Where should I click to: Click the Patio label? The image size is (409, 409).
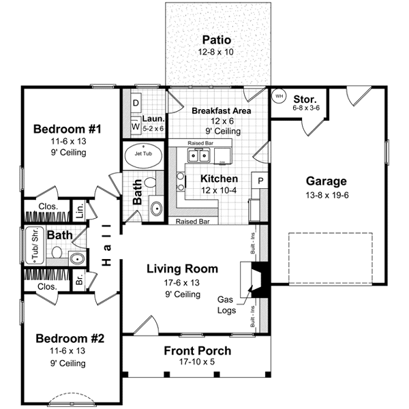(x=216, y=40)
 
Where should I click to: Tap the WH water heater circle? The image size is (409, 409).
(x=278, y=95)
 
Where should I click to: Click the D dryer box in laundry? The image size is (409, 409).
(x=135, y=104)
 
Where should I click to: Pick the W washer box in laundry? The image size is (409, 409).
(x=135, y=126)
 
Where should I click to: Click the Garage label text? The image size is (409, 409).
(x=326, y=181)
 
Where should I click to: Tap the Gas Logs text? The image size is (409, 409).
(x=226, y=305)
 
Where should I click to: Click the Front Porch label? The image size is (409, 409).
(x=198, y=351)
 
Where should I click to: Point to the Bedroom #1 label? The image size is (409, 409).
(x=67, y=129)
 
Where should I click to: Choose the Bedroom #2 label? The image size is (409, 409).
(x=70, y=339)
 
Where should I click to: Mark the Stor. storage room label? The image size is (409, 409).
(x=305, y=98)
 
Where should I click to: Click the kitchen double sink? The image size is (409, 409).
(x=199, y=156)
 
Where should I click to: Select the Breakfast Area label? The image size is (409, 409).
(x=221, y=110)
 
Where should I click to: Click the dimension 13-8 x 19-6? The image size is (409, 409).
(x=326, y=194)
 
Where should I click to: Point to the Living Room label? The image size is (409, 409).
(x=183, y=269)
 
